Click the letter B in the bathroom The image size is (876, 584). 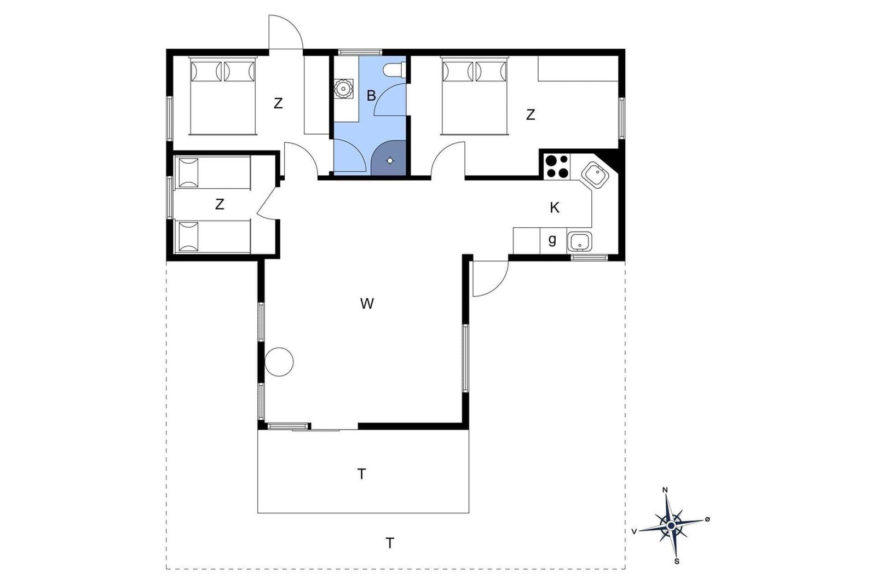[x=371, y=95]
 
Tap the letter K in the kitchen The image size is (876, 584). [x=554, y=207]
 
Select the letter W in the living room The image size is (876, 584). [x=367, y=303]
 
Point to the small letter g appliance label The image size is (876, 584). [x=552, y=240]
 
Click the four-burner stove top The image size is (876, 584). [x=557, y=166]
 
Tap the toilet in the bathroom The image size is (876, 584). [x=395, y=70]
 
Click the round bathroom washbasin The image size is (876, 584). [x=343, y=89]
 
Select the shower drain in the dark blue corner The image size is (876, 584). [x=390, y=160]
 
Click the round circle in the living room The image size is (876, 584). [x=279, y=362]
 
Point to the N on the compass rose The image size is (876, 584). [x=665, y=490]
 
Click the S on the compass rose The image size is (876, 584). [x=677, y=562]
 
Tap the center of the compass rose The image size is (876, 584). [x=671, y=525]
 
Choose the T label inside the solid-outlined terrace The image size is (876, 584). [x=362, y=474]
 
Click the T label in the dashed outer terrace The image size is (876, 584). [x=390, y=543]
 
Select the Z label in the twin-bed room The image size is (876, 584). [x=220, y=204]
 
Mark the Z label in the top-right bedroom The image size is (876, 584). [x=531, y=114]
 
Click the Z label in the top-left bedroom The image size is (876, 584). [x=278, y=103]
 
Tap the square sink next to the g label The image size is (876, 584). [x=579, y=241]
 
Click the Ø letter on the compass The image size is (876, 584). [x=707, y=519]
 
